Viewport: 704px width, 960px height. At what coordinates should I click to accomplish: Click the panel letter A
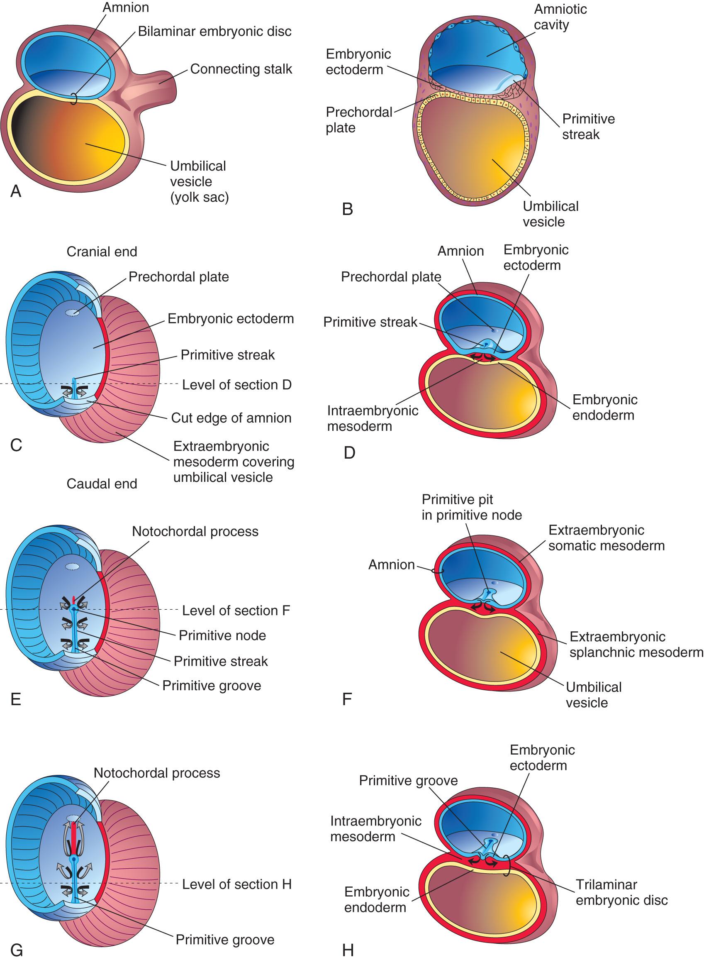coord(16,191)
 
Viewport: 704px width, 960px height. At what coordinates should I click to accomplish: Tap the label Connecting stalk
coord(241,69)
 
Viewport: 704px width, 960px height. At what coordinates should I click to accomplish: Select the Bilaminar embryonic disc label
coord(214,32)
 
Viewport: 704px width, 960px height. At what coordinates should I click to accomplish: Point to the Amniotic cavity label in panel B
coord(560,17)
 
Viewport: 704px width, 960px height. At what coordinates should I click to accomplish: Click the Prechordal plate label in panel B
coord(359,120)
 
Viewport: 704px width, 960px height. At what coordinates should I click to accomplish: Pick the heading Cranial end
coord(102,252)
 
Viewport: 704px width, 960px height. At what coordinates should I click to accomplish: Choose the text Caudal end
coord(102,484)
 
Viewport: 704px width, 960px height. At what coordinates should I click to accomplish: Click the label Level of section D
coord(236,385)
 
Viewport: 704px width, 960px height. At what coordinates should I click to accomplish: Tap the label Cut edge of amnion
coord(231,418)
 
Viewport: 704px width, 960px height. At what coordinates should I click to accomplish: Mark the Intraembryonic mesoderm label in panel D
coord(373,418)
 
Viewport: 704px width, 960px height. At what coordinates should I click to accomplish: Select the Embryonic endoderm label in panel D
coord(605,407)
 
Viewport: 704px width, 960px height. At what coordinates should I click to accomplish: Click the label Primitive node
coord(222,635)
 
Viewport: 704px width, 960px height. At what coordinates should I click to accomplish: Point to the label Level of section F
coord(236,611)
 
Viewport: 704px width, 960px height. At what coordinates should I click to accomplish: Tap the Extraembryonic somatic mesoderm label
coord(606,537)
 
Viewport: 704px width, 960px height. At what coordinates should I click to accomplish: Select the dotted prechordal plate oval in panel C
coord(73,313)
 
